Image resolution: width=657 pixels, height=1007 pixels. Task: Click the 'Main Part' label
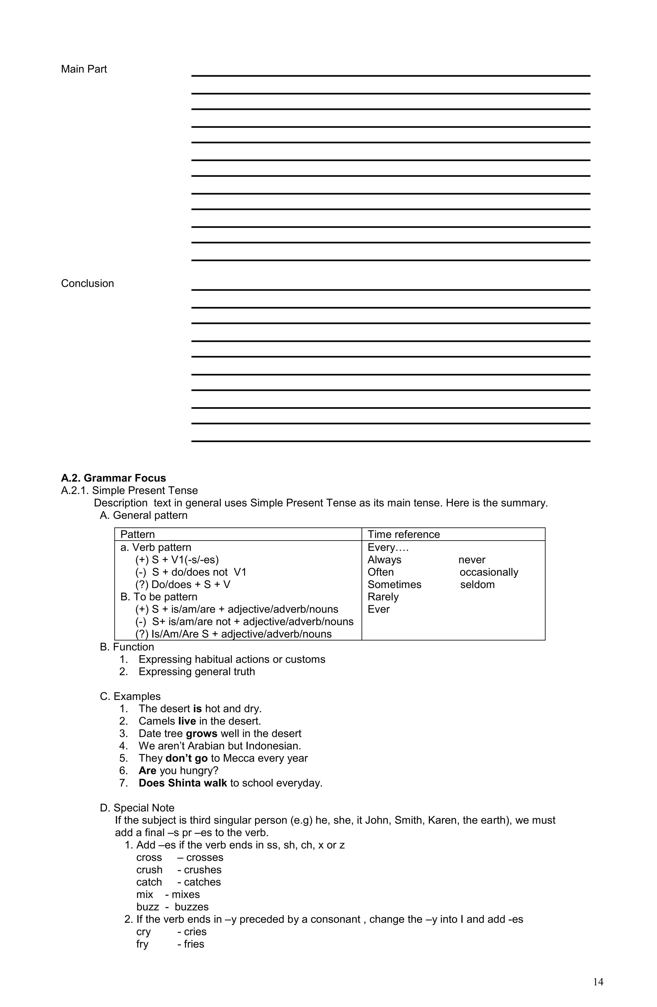click(x=83, y=69)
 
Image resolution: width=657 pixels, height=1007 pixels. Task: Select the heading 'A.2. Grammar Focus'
click(x=113, y=478)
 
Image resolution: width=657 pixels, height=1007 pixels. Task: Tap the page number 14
click(x=598, y=982)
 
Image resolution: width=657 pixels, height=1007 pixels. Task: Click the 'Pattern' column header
click(x=137, y=534)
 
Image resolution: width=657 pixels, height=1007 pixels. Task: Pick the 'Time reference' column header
click(x=403, y=534)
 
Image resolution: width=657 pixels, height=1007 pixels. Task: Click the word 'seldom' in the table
click(x=477, y=584)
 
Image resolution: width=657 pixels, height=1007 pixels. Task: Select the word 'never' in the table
click(x=472, y=560)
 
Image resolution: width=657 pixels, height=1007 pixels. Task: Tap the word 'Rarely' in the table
click(x=383, y=597)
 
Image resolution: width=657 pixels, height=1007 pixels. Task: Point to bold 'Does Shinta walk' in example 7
click(x=183, y=783)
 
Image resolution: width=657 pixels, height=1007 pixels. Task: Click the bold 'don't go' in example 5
click(x=186, y=758)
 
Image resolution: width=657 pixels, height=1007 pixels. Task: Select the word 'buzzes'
click(x=192, y=907)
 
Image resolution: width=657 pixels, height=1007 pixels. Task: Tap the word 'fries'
click(x=193, y=944)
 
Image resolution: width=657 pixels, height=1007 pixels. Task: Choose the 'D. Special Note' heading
click(x=137, y=808)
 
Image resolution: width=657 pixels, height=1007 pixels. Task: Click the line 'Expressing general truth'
click(x=197, y=672)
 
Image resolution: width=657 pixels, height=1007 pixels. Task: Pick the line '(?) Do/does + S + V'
click(x=183, y=584)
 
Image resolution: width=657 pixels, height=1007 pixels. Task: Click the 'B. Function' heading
click(x=127, y=647)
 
